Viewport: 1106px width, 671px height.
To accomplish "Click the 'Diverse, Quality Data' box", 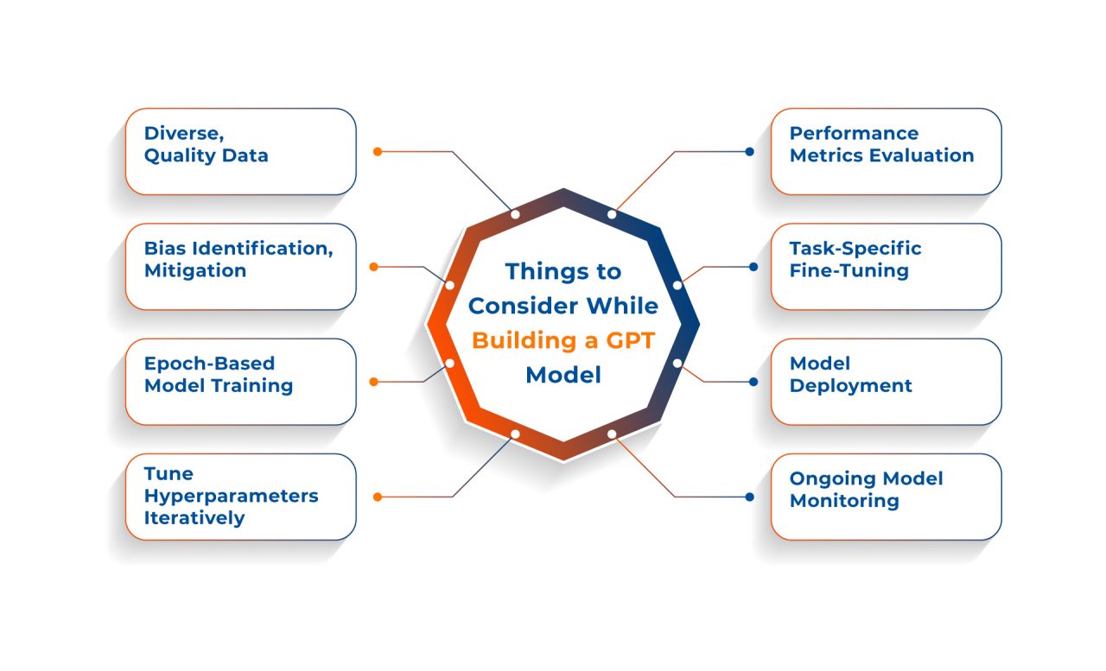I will coord(240,151).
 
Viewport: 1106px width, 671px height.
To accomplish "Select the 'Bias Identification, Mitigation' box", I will coord(240,266).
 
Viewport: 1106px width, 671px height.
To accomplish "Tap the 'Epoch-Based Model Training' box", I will coord(240,381).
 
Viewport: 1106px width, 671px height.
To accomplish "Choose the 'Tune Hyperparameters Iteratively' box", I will coord(240,497).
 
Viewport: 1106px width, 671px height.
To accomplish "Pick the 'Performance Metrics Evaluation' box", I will coord(886,151).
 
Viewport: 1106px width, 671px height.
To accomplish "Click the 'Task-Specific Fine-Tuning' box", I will coord(886,266).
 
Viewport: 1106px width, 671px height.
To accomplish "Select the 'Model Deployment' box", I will coord(886,381).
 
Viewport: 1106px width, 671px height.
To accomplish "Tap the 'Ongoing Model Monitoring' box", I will coord(886,497).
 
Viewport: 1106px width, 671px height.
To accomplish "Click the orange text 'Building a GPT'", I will coord(563,340).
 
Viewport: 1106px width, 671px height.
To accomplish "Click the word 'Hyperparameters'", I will coord(231,496).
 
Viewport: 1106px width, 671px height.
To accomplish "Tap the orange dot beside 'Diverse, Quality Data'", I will coord(378,151).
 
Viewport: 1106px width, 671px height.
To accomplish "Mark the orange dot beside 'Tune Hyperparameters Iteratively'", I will coord(378,497).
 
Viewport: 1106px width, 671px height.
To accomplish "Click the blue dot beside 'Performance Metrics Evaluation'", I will coord(750,151).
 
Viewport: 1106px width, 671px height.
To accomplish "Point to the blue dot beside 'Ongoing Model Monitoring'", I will coord(750,497).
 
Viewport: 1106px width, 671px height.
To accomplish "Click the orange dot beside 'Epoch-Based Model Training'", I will coord(373,381).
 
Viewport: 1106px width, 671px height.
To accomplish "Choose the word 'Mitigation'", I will coord(195,270).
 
